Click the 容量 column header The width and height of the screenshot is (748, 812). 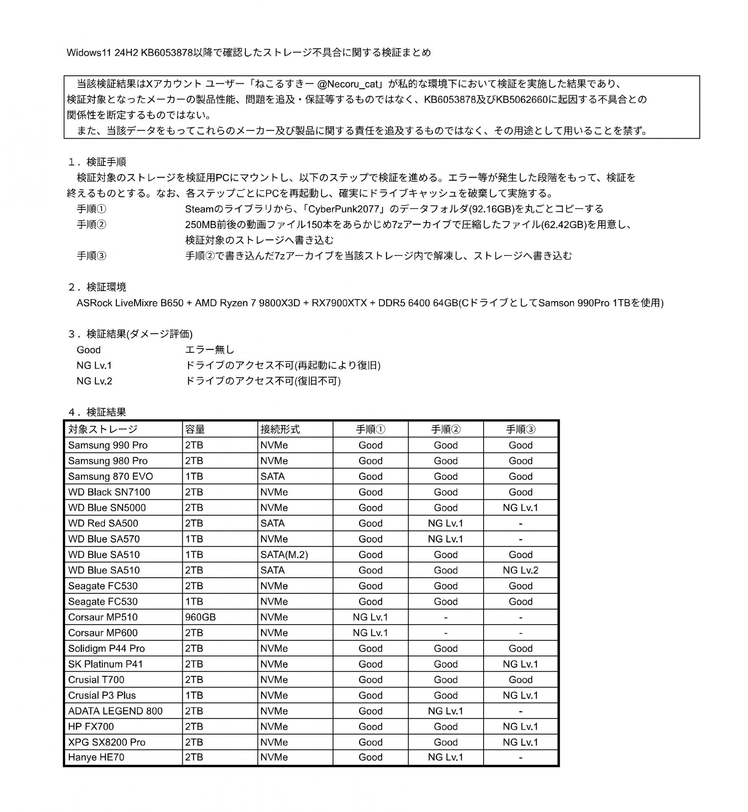pyautogui.click(x=195, y=429)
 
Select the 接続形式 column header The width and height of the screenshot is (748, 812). pyautogui.click(x=280, y=429)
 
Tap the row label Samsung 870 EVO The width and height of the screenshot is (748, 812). pyautogui.click(x=110, y=476)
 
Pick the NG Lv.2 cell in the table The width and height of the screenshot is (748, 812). pyautogui.click(x=520, y=570)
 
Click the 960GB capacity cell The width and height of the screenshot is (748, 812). pyautogui.click(x=200, y=617)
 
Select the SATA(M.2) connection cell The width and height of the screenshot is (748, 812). pyautogui.click(x=284, y=554)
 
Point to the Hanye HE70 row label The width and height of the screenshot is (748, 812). pyautogui.click(x=96, y=757)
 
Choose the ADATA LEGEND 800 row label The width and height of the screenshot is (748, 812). pyautogui.click(x=115, y=710)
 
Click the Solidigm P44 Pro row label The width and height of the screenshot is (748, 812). pyautogui.click(x=106, y=648)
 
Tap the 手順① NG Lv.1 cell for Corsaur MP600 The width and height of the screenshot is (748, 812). pyautogui.click(x=370, y=633)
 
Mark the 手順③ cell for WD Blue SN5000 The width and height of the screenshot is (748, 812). pyautogui.click(x=520, y=507)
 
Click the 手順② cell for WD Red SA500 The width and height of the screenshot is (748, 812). pyautogui.click(x=445, y=523)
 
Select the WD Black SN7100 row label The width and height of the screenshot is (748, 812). pyautogui.click(x=109, y=492)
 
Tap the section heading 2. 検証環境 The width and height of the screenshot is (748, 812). pyautogui.click(x=97, y=287)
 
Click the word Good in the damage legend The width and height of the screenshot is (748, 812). pyautogui.click(x=88, y=350)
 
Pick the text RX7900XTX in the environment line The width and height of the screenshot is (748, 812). pyautogui.click(x=339, y=303)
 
